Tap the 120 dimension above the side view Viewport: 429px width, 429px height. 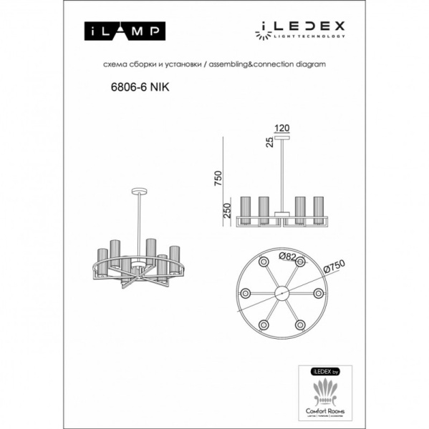coord(283,128)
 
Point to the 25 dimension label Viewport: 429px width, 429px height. coord(269,143)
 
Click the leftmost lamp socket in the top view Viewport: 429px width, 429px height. coord(246,293)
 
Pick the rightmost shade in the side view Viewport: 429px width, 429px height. coord(317,210)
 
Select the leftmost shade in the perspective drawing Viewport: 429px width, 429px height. coord(102,262)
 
